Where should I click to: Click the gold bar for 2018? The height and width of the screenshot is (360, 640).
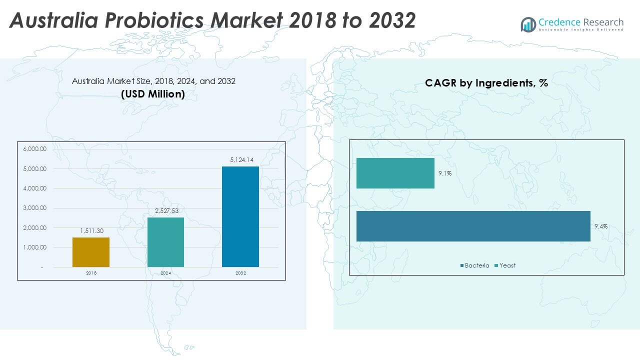91,252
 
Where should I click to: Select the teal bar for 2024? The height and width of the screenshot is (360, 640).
165,242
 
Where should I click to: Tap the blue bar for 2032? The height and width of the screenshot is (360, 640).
240,216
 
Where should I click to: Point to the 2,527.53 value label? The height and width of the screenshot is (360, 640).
165,211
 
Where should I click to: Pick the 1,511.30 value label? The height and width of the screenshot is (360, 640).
91,231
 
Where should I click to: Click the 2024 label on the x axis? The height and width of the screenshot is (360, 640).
165,273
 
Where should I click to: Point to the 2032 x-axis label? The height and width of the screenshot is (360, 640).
240,273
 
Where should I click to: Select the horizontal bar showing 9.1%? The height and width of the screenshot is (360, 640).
395,173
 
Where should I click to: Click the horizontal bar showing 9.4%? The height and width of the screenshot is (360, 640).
473,226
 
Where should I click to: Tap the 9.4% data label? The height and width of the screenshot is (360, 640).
601,226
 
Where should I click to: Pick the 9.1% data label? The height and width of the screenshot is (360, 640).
445,173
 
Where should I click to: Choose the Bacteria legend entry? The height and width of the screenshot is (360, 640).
474,265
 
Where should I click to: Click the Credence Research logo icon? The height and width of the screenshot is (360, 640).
528,24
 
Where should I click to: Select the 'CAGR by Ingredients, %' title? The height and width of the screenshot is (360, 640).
486,83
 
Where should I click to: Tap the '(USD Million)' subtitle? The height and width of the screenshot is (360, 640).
153,94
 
